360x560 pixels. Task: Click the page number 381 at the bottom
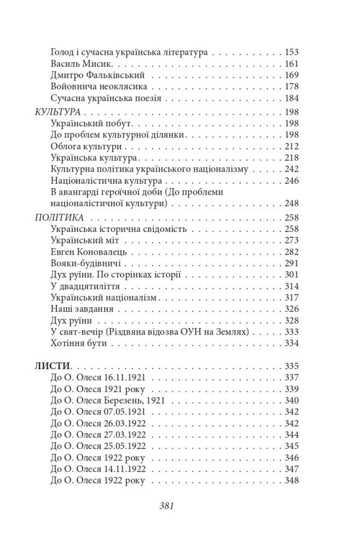pos(166,506)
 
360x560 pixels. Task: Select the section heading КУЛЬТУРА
pos(58,112)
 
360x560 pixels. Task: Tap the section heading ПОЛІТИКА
pos(59,217)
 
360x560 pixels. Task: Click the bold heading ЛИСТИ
pos(53,366)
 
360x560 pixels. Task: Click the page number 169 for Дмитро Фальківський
pos(292,75)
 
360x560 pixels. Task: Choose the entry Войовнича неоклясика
pos(98,87)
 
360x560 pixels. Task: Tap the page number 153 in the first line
pos(292,52)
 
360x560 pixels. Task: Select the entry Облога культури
pos(86,146)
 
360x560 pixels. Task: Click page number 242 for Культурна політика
pos(292,169)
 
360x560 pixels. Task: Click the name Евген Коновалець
pos(89,252)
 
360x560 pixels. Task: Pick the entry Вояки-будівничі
pos(85,263)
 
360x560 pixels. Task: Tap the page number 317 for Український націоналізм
pos(292,297)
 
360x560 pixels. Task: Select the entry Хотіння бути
pos(78,343)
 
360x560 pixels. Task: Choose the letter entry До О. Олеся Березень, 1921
pos(107,400)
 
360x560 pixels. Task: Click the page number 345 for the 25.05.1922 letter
pos(292,446)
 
